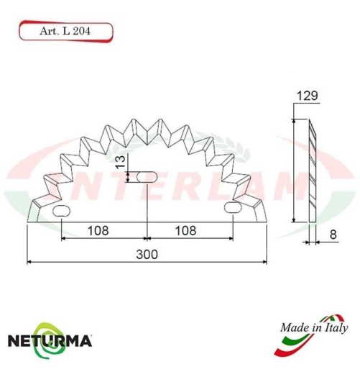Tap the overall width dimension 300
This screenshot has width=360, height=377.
147,254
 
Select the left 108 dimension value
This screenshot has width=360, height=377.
98,231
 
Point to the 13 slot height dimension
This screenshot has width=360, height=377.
120,163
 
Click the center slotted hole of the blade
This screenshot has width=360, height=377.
147,177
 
